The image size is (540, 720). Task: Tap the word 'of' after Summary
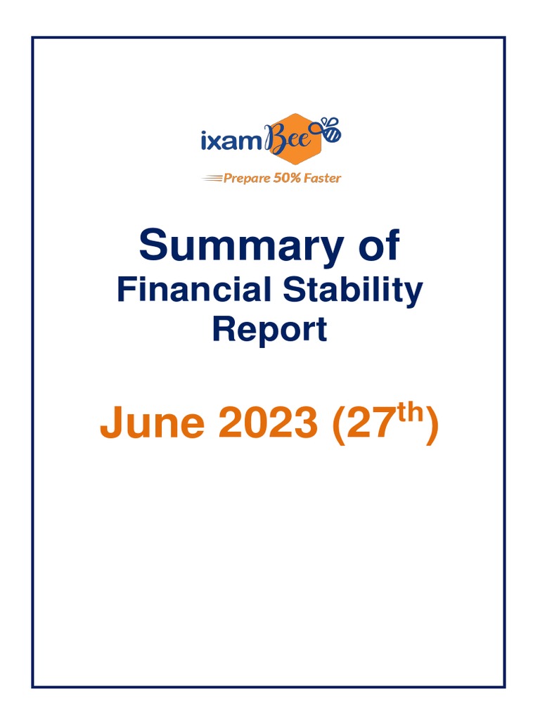(377, 246)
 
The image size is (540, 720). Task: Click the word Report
(269, 329)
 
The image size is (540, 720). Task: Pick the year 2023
(268, 423)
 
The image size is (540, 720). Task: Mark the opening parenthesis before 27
(337, 425)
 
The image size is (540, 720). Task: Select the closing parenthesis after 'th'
(432, 425)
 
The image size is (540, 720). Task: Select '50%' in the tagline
(288, 178)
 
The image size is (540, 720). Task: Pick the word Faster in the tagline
(323, 178)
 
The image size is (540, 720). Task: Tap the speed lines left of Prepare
(212, 179)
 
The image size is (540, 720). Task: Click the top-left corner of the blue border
(32, 38)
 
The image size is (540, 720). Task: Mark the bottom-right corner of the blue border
(505, 686)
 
